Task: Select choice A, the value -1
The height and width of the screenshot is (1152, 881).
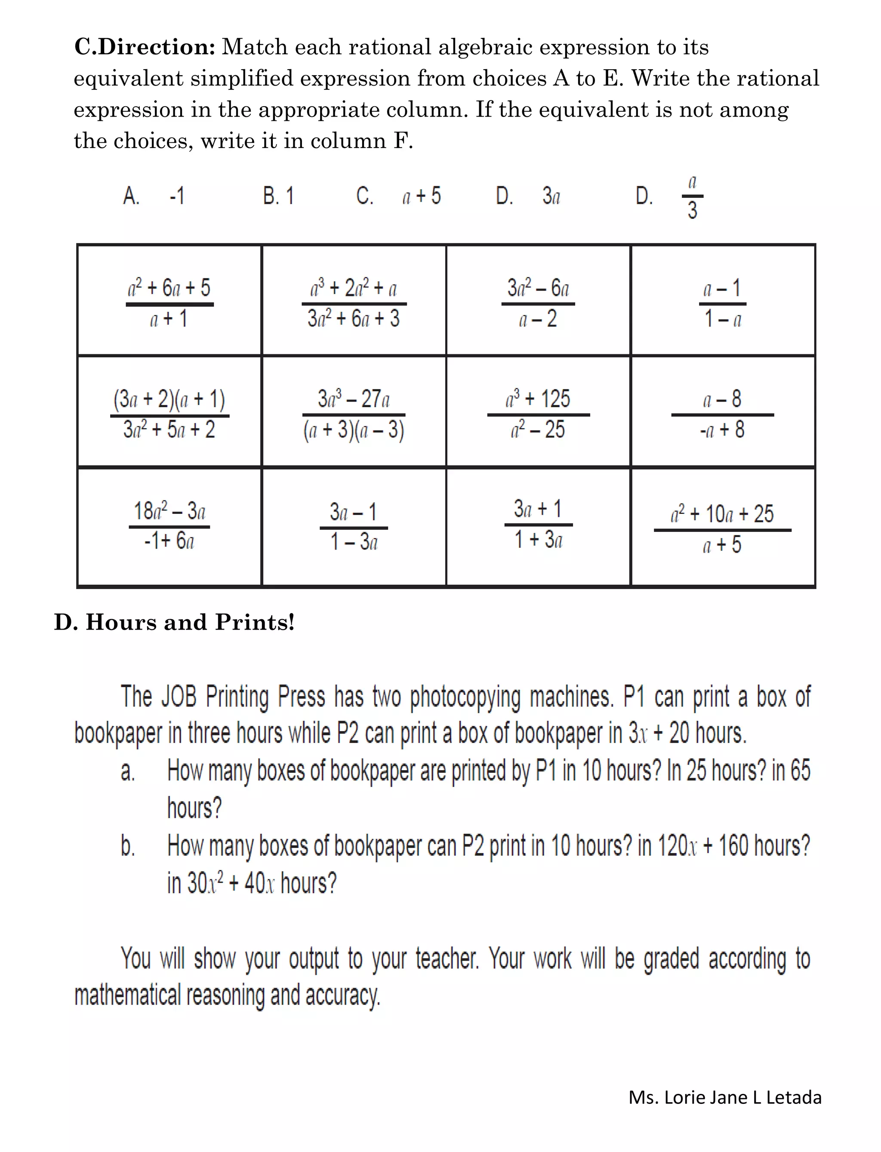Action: pyautogui.click(x=177, y=196)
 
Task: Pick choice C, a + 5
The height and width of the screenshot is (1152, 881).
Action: pyautogui.click(x=421, y=196)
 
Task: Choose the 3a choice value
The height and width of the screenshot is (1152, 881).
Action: pyautogui.click(x=551, y=196)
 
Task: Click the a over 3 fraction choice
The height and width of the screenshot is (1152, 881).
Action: pyautogui.click(x=692, y=198)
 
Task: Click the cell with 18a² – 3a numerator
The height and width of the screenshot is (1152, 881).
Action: pyautogui.click(x=169, y=525)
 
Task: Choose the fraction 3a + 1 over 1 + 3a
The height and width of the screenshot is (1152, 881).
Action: pyautogui.click(x=538, y=524)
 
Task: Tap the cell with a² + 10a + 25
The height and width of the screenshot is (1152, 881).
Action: pyautogui.click(x=722, y=529)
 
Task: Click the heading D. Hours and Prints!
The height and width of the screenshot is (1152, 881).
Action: pyautogui.click(x=174, y=622)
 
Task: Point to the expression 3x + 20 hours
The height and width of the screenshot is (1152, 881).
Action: pyautogui.click(x=687, y=733)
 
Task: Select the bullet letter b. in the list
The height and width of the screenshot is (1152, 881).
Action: pyautogui.click(x=127, y=846)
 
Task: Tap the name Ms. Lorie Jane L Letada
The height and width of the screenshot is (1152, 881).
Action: pyautogui.click(x=725, y=1097)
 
